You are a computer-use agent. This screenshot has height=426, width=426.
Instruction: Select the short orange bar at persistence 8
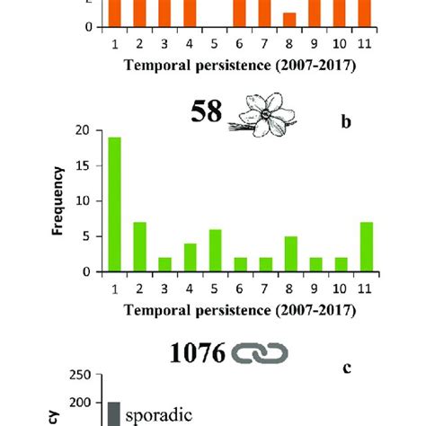click(x=288, y=20)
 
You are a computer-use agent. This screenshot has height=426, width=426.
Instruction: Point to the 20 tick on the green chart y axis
click(x=84, y=130)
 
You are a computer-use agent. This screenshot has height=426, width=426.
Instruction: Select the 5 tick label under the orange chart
click(x=215, y=43)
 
